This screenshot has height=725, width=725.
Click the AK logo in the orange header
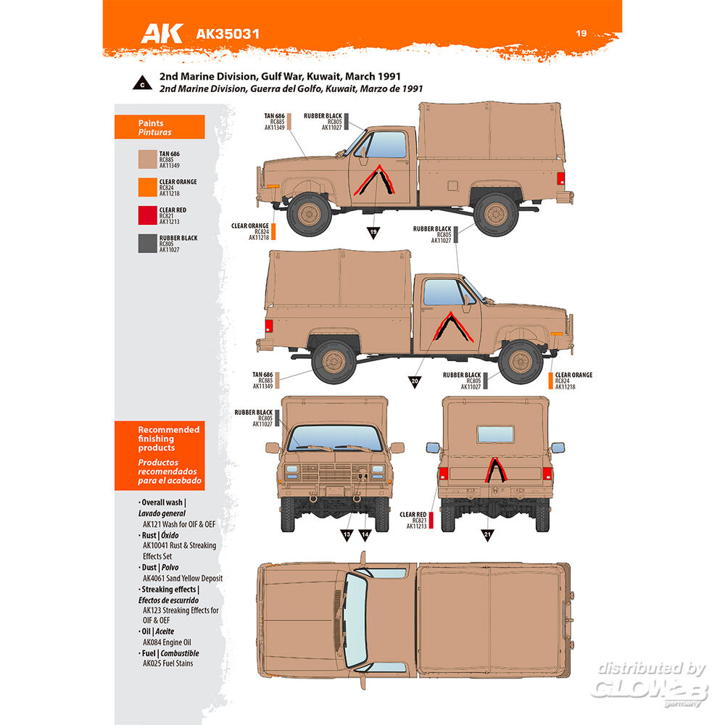pos(162,33)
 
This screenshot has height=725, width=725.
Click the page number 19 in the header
pos(581,33)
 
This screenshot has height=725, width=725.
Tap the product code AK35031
pos(228,34)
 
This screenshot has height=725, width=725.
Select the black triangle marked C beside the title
pos(142,83)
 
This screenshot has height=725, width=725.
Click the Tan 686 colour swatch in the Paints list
pos(147,159)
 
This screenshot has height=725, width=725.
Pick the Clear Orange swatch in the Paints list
pos(147,187)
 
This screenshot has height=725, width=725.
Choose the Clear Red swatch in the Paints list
pos(147,215)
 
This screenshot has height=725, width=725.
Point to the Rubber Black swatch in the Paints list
pos(147,244)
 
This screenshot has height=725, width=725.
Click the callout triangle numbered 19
pos(373,232)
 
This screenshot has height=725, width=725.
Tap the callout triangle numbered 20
pos(415,381)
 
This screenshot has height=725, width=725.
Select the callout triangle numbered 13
pos(347,535)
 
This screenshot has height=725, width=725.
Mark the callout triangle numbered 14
pos(365,535)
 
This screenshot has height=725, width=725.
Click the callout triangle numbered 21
pos(487,535)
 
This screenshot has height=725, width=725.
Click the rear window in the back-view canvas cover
pos(496,434)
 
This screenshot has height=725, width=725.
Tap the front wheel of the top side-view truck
pos(309,214)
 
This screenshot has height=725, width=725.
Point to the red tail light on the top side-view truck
pos(560,178)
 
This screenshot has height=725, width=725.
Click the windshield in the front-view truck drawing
pos(335,437)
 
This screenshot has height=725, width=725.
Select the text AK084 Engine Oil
pos(167,642)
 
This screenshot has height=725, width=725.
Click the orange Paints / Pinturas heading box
pos(159,127)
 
